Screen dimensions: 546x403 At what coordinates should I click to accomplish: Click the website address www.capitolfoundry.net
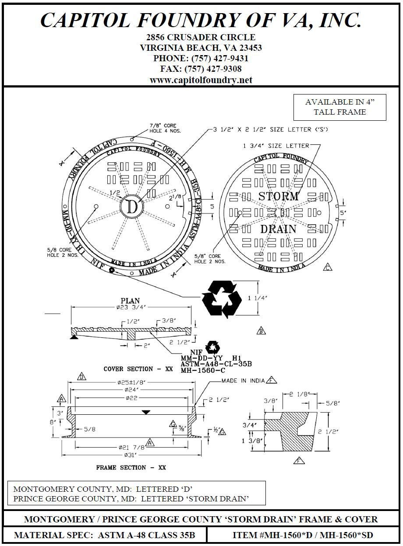point(201,80)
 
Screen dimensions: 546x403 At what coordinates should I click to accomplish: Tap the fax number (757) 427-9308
point(201,69)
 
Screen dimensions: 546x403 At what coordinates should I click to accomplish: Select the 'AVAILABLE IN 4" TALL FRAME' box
point(339,107)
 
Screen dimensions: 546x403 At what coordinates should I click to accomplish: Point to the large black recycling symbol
point(222,298)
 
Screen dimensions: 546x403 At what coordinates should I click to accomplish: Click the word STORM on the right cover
point(278,196)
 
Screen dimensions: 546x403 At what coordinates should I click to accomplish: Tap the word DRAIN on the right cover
point(278,229)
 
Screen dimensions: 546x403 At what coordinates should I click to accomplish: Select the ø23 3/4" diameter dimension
point(131,307)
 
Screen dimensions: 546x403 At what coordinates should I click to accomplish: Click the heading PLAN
point(130,301)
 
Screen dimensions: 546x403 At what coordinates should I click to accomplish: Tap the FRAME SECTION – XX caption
point(131,468)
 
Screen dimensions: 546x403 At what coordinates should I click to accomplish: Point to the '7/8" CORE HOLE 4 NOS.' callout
point(163,128)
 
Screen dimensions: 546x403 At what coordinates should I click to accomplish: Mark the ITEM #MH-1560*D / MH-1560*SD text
point(303,535)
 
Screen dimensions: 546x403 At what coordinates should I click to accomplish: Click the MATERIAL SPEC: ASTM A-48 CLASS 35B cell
point(105,535)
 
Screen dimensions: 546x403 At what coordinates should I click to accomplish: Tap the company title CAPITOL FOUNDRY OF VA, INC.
point(201,20)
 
